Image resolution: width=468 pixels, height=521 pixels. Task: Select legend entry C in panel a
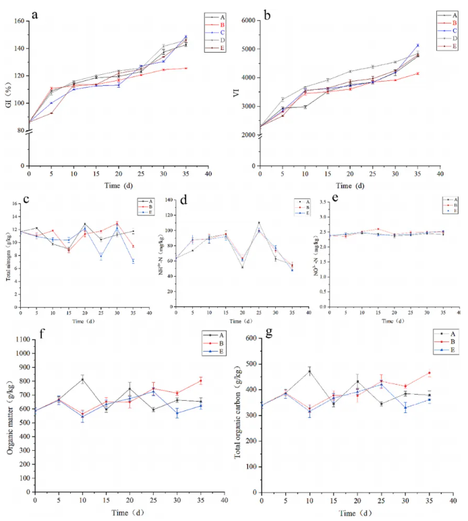(x=221, y=32)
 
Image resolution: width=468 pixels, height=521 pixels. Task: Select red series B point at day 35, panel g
(x=429, y=373)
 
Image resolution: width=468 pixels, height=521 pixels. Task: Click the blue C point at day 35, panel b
(x=417, y=46)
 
